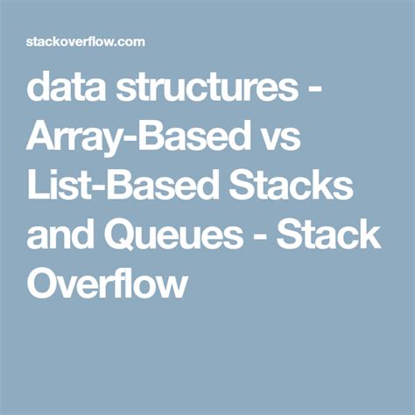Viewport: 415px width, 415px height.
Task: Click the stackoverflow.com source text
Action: [85, 42]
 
